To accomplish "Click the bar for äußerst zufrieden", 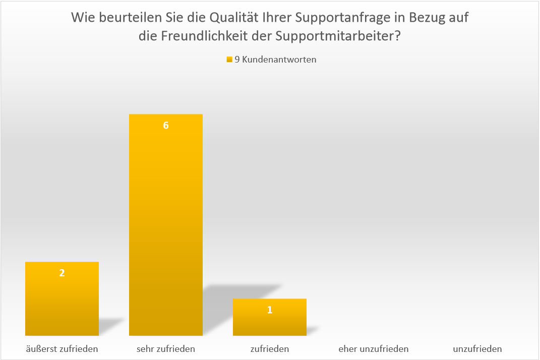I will point(62,303).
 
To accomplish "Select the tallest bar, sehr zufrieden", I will point(165,227).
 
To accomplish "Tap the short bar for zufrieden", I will point(269,321).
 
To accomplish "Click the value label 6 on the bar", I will point(165,126).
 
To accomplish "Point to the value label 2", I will point(62,273).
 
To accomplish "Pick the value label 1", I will point(270,310).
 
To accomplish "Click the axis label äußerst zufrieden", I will point(62,348).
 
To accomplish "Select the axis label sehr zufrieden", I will point(165,348).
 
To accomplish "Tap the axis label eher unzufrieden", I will point(373,348).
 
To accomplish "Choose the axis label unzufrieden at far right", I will point(477,348).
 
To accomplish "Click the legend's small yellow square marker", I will point(229,59).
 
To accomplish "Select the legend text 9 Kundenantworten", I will point(275,59).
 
